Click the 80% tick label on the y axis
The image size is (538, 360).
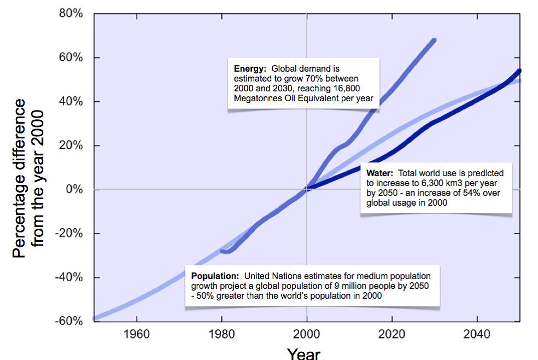tap(72, 14)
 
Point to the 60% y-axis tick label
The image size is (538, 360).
tap(72, 58)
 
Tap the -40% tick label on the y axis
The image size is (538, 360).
tap(70, 277)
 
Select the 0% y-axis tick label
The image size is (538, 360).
tap(74, 190)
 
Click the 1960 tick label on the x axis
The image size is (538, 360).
tap(136, 334)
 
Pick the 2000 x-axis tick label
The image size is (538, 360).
tap(307, 334)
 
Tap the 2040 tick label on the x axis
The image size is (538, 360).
tap(477, 334)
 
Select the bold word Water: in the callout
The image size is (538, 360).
tap(377, 172)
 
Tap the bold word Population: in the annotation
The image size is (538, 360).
tap(215, 276)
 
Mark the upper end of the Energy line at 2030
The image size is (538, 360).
tap(434, 39)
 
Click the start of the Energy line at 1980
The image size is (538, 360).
tap(221, 251)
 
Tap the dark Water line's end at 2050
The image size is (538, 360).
tap(519, 71)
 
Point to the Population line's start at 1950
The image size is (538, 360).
tap(94, 318)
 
